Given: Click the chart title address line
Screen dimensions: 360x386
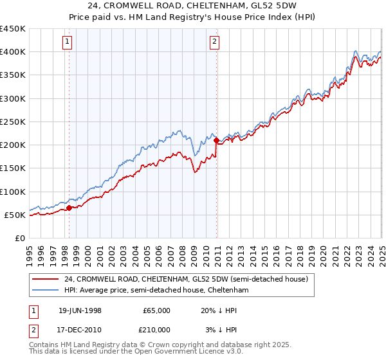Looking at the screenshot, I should point(193,6).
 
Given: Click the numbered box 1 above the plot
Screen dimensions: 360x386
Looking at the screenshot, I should point(68,42).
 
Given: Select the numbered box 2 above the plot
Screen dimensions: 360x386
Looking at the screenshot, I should point(214,42).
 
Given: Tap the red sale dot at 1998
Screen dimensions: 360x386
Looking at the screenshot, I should point(69,207).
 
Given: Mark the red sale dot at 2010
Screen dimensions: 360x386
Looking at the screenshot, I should point(216,140).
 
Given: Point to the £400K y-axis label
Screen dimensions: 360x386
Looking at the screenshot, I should point(12,52).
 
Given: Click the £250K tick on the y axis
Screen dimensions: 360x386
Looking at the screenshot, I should point(12,122).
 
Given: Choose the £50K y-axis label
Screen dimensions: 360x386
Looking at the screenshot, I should point(15,215).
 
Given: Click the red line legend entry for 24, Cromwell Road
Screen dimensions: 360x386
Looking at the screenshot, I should point(186,279).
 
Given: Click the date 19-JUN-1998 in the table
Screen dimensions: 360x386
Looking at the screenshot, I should point(80,310).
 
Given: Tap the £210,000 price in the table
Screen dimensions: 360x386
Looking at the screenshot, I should point(156,330).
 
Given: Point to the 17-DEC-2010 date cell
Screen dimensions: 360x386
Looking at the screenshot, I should point(80,330).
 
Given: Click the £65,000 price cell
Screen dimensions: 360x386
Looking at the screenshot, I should point(156,310).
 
